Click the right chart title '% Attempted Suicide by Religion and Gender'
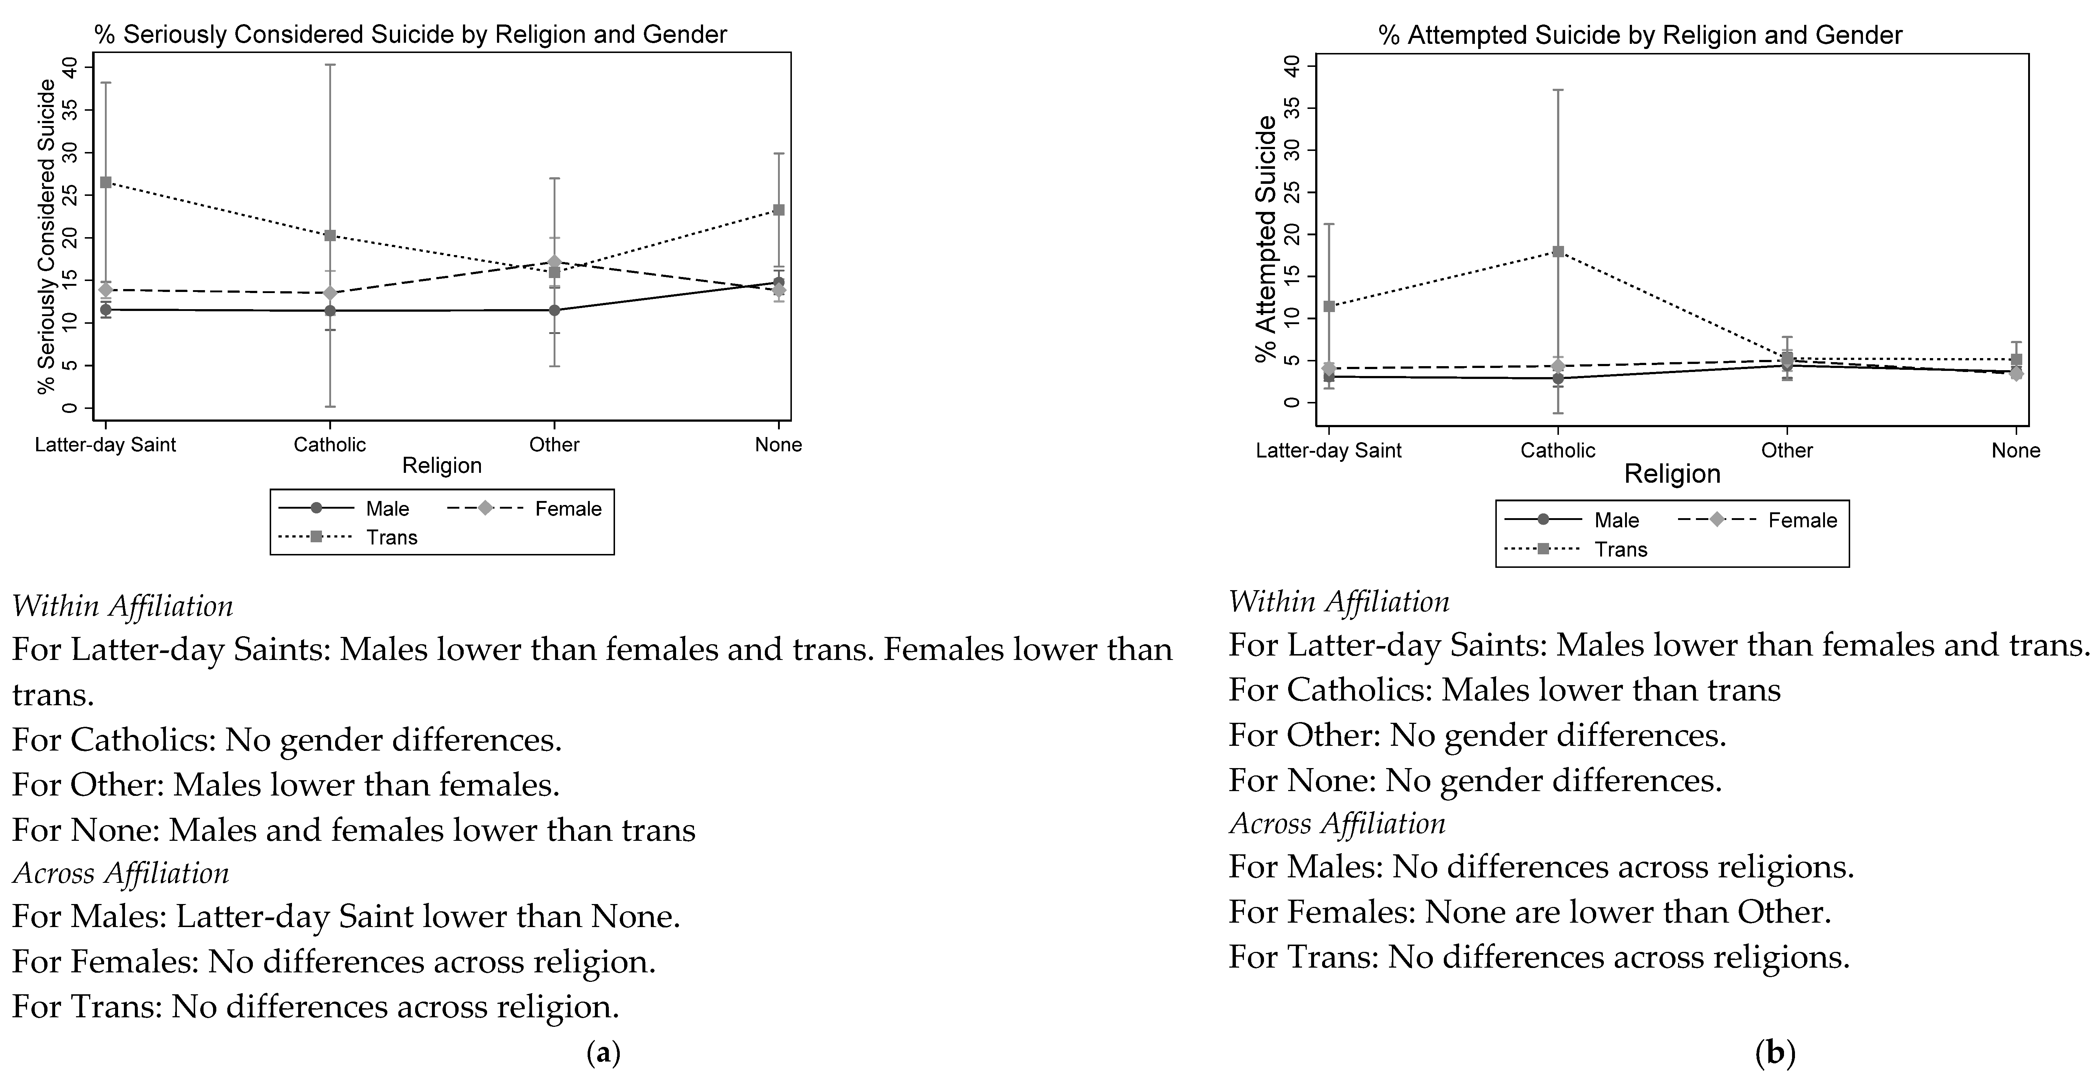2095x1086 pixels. click(x=1640, y=36)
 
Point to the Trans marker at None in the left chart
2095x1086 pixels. click(x=778, y=210)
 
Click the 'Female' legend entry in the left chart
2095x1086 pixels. click(x=567, y=509)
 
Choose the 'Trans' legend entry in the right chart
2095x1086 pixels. click(x=1620, y=550)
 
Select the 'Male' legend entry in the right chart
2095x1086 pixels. click(x=1616, y=521)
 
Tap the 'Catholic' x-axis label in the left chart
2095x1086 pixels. click(x=329, y=445)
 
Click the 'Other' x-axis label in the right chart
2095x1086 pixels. click(x=1787, y=451)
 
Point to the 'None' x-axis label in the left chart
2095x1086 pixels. click(x=778, y=445)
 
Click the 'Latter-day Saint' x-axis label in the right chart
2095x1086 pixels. click(x=1329, y=451)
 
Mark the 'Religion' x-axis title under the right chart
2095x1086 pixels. click(x=1672, y=474)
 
